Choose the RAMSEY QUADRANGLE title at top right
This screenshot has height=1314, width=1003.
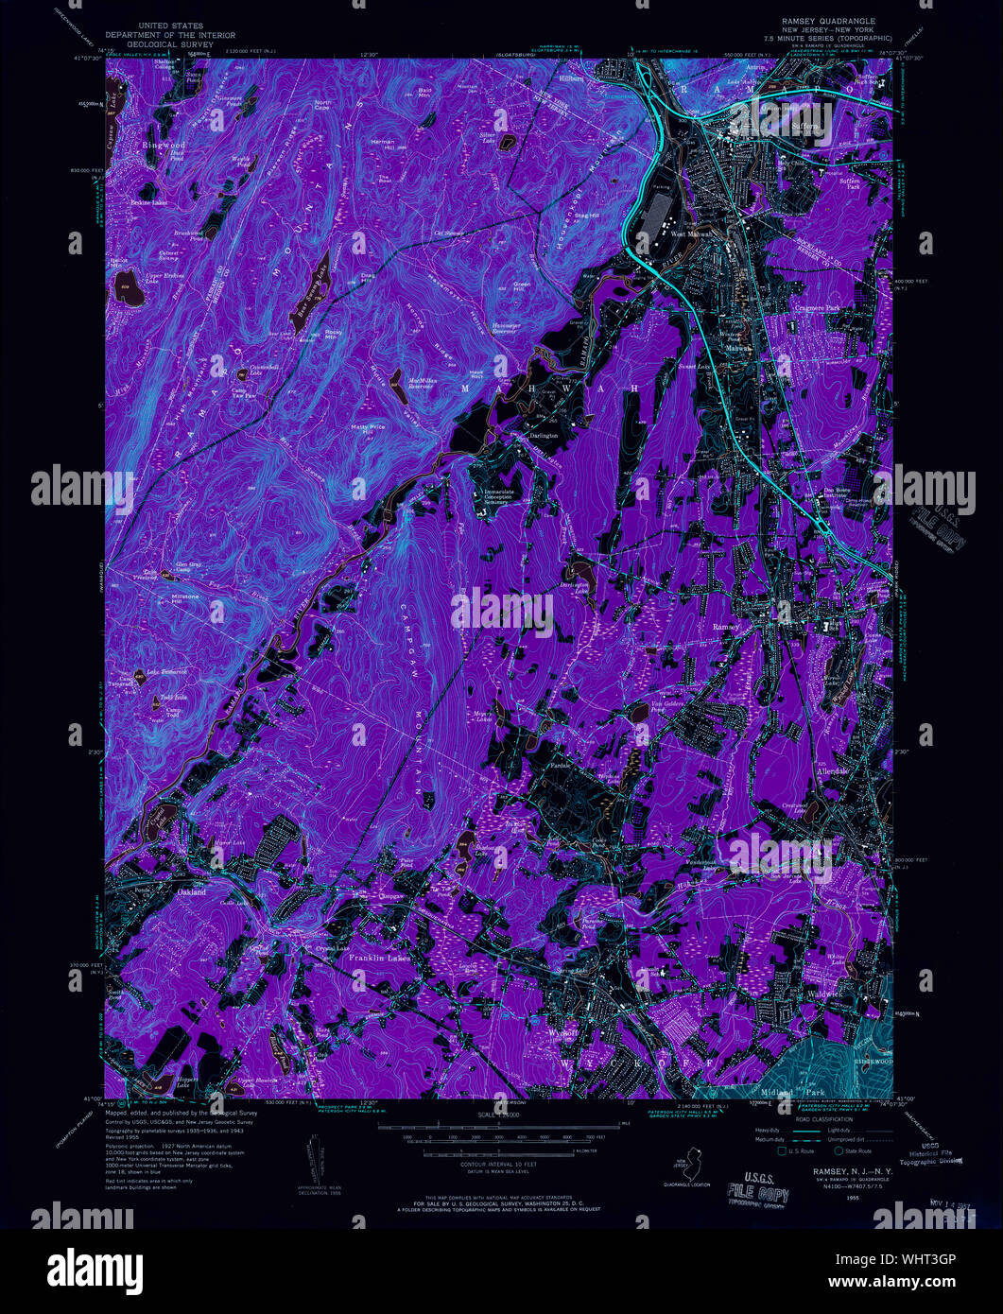click(x=828, y=21)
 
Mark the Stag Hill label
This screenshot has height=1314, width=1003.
click(x=587, y=216)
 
